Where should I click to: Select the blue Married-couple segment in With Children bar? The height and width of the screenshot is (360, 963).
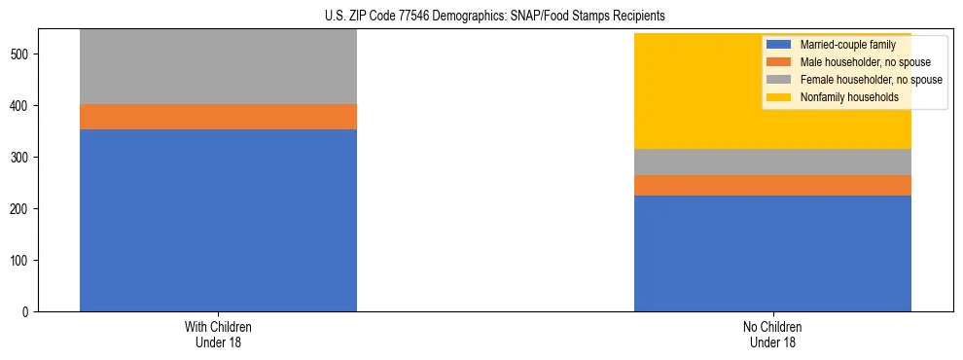pos(218,220)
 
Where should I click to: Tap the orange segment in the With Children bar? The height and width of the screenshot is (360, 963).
pos(218,117)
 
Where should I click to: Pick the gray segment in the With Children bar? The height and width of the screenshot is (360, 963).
pos(218,66)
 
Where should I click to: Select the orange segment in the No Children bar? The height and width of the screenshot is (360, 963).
pos(772,185)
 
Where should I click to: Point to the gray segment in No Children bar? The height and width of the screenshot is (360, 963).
pos(772,162)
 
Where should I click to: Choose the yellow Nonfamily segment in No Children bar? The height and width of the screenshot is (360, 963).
pos(681,91)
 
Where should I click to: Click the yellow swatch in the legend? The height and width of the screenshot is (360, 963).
pos(779,97)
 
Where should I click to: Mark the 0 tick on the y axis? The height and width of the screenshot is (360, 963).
pos(30,312)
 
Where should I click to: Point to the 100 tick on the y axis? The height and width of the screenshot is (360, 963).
pos(23,261)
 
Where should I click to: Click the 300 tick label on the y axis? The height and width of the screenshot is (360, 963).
pos(23,158)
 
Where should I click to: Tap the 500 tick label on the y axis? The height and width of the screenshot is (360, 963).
pos(23,54)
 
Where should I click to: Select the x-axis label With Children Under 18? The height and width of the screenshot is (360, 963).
pos(218,334)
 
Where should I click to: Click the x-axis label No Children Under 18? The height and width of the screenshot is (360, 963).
pos(772,334)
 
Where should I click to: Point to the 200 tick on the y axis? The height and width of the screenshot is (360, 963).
pos(23,209)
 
